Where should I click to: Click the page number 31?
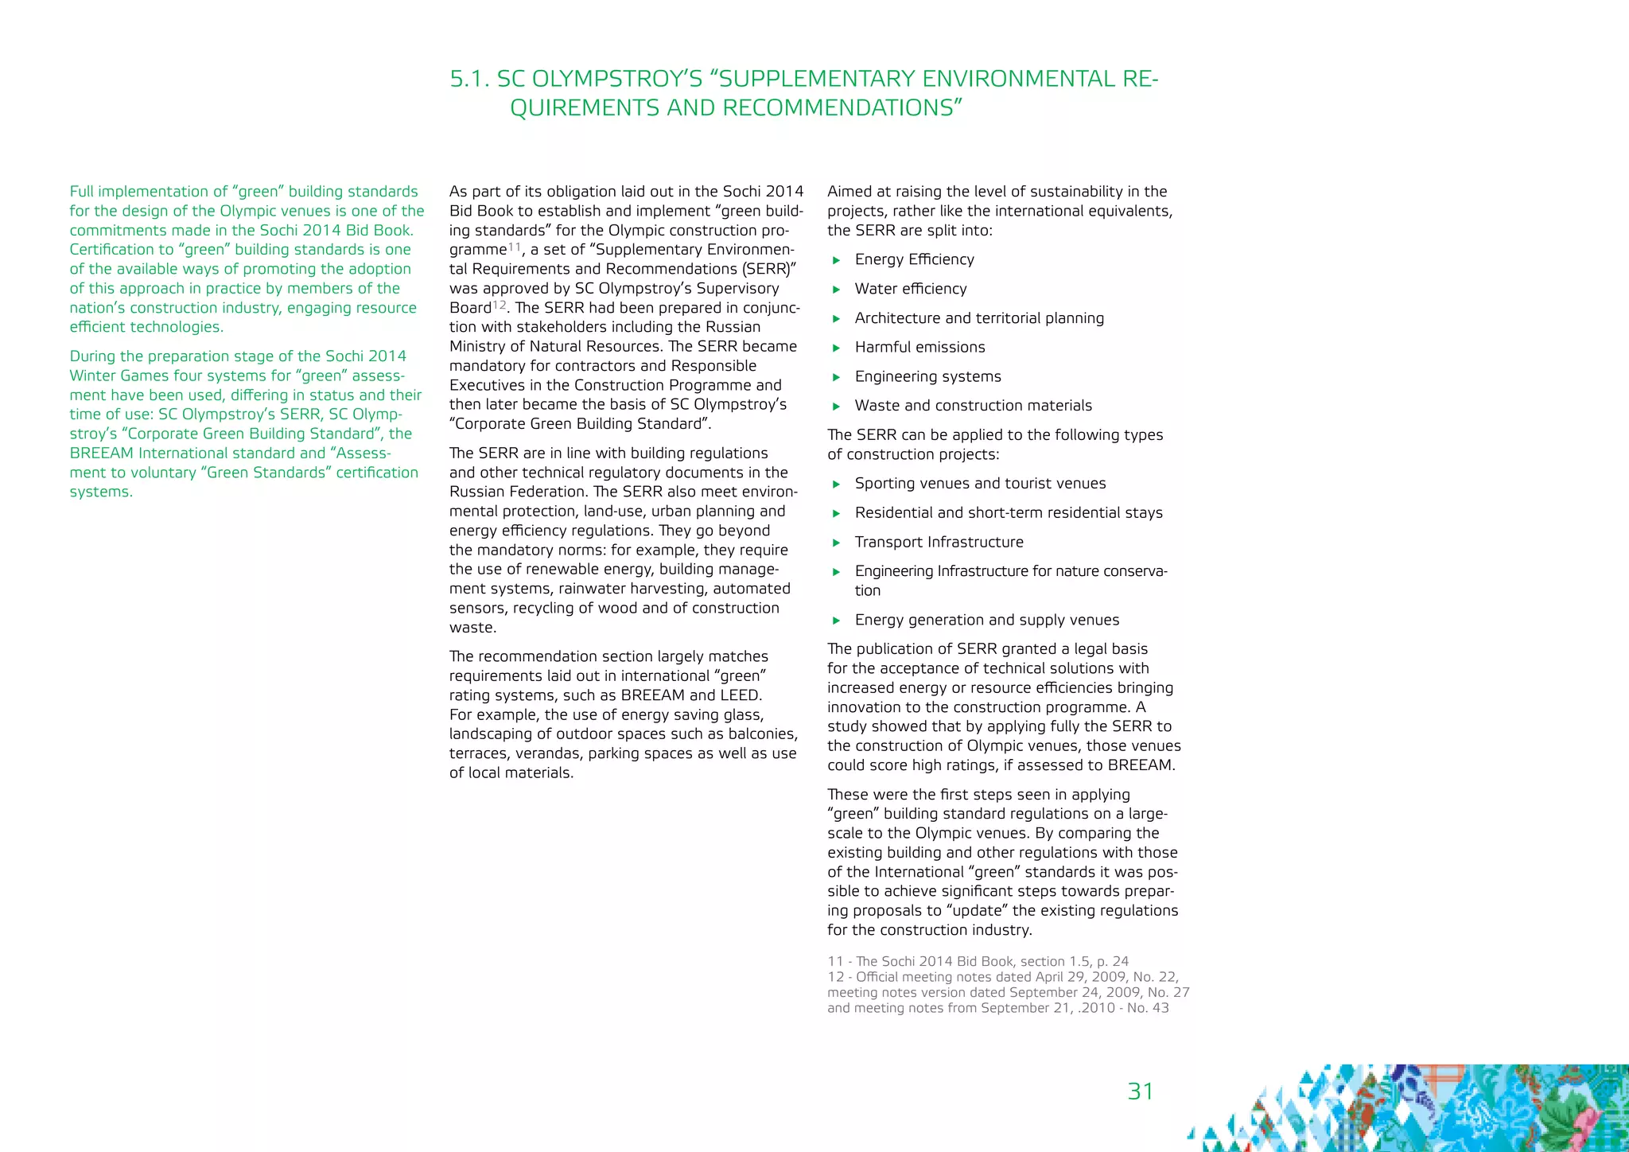[x=1140, y=1091]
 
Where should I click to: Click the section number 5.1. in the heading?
[x=469, y=79]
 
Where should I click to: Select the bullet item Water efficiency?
[x=911, y=289]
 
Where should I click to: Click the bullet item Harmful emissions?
[x=919, y=347]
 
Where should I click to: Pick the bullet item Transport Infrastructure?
[x=939, y=542]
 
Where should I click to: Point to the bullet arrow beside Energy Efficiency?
[x=836, y=260]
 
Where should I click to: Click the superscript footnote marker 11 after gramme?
[x=515, y=247]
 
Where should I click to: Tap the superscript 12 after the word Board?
[x=499, y=305]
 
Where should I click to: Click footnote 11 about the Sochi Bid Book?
[x=978, y=961]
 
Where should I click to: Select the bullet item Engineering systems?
[x=927, y=376]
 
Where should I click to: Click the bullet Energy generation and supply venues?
[x=986, y=620]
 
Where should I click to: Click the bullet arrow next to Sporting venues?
[x=836, y=484]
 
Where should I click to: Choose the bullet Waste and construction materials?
[x=973, y=406]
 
